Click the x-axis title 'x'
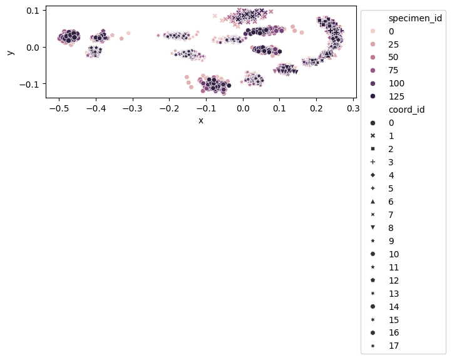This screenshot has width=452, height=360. [x=200, y=120]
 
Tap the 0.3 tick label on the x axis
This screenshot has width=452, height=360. [x=353, y=108]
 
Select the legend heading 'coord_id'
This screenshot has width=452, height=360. [x=406, y=110]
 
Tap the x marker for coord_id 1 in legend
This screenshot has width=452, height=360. [x=372, y=136]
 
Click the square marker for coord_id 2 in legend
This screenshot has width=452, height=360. [x=372, y=149]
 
